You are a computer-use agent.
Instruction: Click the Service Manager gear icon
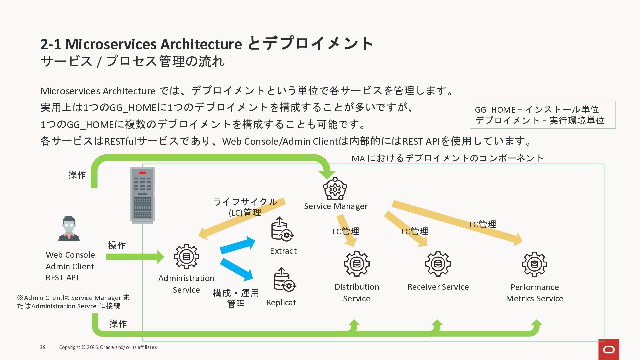pyautogui.click(x=335, y=189)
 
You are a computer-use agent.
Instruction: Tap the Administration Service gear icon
pyautogui.click(x=186, y=256)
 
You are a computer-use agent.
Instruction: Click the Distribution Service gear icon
pyautogui.click(x=357, y=264)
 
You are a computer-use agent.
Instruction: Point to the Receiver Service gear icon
pyautogui.click(x=438, y=264)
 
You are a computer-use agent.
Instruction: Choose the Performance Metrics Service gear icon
pyautogui.click(x=534, y=264)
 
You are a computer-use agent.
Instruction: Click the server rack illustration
pyautogui.click(x=142, y=195)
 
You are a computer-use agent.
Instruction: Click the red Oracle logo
pyautogui.click(x=609, y=350)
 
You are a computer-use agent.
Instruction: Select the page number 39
pyautogui.click(x=43, y=347)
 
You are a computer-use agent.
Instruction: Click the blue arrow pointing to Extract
pyautogui.click(x=237, y=245)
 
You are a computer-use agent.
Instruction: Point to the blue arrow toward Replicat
pyautogui.click(x=236, y=269)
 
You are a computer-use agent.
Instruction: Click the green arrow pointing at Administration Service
pyautogui.click(x=135, y=257)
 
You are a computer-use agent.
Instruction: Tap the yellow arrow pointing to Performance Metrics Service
pyautogui.click(x=457, y=222)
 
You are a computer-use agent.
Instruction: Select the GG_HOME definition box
pyautogui.click(x=542, y=115)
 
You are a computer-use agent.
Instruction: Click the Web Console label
pyautogui.click(x=70, y=255)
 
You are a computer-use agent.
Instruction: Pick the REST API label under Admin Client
pyautogui.click(x=62, y=278)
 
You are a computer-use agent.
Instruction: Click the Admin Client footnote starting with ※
pyautogui.click(x=73, y=302)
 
